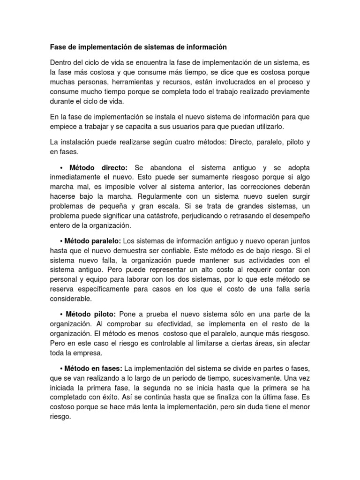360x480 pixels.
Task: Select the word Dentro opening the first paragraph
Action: (x=61, y=62)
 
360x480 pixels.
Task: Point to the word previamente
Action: (x=286, y=92)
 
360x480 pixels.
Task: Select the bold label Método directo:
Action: (x=98, y=167)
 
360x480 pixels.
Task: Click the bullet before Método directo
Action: (x=61, y=167)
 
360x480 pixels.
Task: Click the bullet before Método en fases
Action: (x=61, y=367)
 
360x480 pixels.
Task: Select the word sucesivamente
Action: (x=257, y=377)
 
